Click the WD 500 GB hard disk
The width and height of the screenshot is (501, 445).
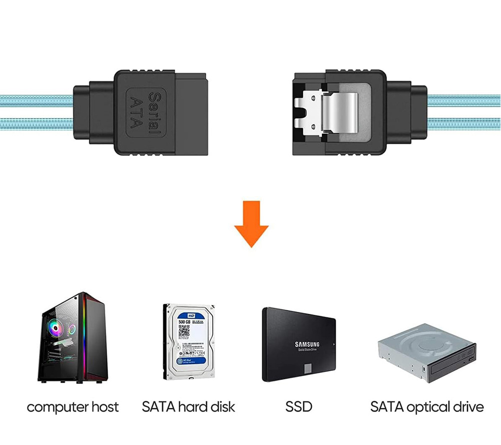(x=189, y=341)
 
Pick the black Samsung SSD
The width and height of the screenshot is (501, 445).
(x=299, y=344)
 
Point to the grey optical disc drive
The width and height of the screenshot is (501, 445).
(x=426, y=352)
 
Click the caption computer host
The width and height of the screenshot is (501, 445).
(x=73, y=407)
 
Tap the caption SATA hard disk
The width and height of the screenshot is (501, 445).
(x=188, y=407)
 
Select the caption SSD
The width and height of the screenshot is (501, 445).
(x=299, y=407)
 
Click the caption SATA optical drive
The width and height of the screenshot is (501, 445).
(x=427, y=407)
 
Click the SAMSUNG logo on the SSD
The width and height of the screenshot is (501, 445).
(x=307, y=344)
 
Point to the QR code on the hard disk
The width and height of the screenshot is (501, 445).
(x=184, y=331)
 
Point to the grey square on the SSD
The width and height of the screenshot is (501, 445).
(x=307, y=368)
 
